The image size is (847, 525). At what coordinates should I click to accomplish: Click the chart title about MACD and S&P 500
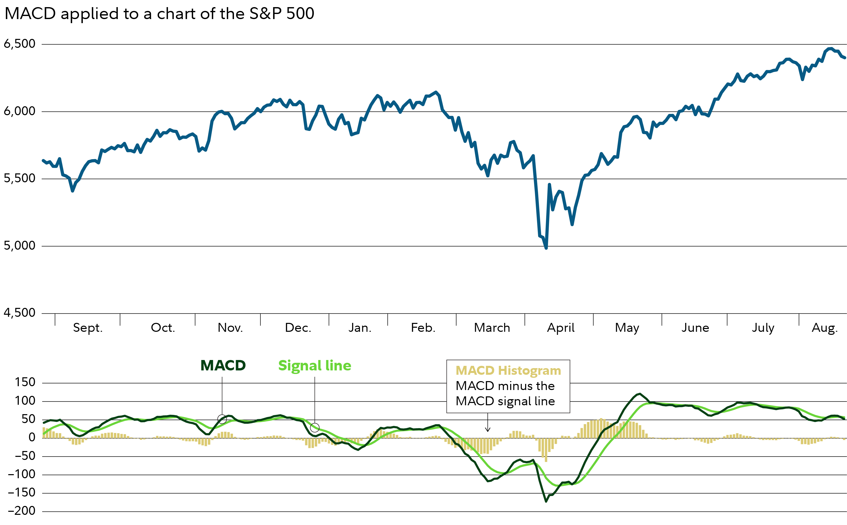[159, 14]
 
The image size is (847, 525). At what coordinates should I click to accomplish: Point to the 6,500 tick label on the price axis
[19, 44]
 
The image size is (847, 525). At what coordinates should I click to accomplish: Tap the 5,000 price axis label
[19, 246]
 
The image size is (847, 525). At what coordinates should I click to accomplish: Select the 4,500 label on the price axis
[19, 313]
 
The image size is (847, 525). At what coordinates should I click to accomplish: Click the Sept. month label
[88, 328]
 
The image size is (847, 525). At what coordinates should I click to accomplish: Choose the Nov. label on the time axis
[230, 328]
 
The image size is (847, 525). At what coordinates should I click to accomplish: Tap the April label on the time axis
[560, 328]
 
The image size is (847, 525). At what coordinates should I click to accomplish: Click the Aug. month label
[824, 328]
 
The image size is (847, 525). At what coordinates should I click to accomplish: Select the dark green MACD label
[223, 366]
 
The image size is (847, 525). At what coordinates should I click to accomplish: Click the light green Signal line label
[314, 366]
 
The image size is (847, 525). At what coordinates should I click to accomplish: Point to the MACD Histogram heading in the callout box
[508, 370]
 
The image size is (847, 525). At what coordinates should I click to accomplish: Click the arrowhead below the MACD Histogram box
[488, 430]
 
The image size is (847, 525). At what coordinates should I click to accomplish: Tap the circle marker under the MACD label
[222, 419]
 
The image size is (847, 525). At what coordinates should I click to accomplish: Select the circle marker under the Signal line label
[314, 427]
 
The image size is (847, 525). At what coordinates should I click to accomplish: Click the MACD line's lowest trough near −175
[546, 501]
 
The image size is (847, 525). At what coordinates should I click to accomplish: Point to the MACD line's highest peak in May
[639, 394]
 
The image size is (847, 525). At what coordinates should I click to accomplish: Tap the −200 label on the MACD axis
[22, 511]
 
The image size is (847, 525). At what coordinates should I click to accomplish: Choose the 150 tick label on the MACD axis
[25, 382]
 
